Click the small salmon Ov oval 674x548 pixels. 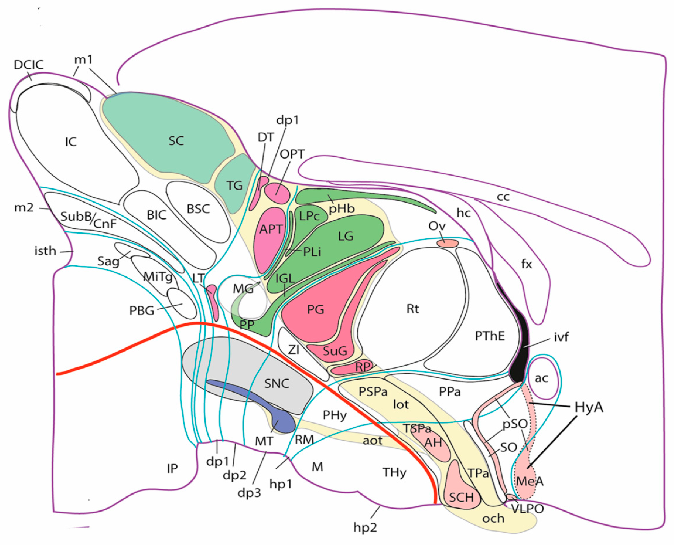pyautogui.click(x=447, y=243)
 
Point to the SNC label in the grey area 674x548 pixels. pyautogui.click(x=277, y=383)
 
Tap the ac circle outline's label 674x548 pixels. pyautogui.click(x=541, y=378)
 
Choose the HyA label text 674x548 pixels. pyautogui.click(x=589, y=407)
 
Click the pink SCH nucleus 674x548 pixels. pyautogui.click(x=462, y=497)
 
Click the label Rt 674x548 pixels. pyautogui.click(x=413, y=309)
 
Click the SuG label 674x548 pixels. pyautogui.click(x=335, y=350)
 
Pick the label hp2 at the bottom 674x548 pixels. pyautogui.click(x=365, y=527)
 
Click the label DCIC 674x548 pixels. pyautogui.click(x=28, y=64)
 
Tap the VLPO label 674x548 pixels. pyautogui.click(x=527, y=509)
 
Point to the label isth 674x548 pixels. pyautogui.click(x=45, y=251)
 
